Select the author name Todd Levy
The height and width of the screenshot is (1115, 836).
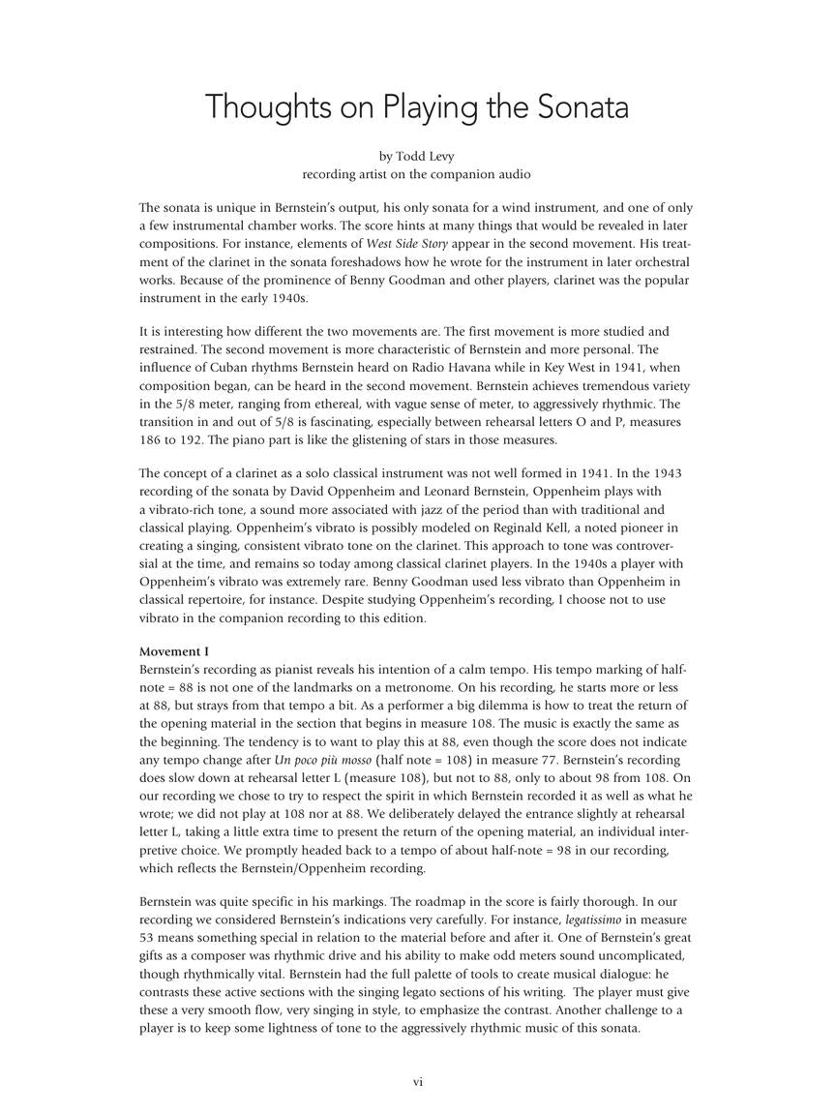[x=424, y=156]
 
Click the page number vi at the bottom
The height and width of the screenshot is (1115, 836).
[x=418, y=1082]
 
